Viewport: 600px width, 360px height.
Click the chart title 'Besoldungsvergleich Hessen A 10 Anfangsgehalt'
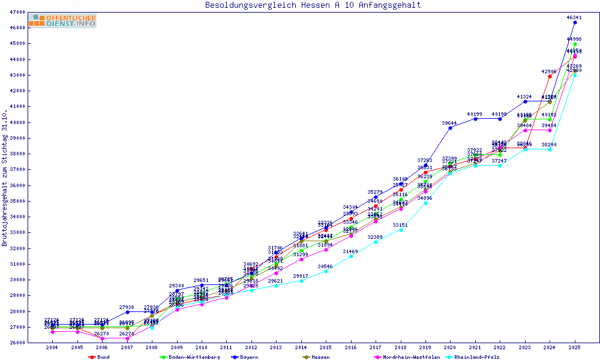pyautogui.click(x=313, y=5)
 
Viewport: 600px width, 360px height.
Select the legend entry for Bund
pyautogui.click(x=100, y=357)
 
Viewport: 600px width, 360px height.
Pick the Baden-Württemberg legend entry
pyautogui.click(x=186, y=357)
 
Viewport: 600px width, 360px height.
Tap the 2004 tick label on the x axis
pyautogui.click(x=52, y=348)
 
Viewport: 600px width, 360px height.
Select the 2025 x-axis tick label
pyautogui.click(x=575, y=348)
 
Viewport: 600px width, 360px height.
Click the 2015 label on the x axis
pyautogui.click(x=326, y=348)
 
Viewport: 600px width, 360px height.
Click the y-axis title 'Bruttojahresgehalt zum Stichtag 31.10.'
pyautogui.click(x=5, y=179)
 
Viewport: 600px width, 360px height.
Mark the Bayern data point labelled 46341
pyautogui.click(x=575, y=22)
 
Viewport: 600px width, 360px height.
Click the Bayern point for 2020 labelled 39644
pyautogui.click(x=450, y=128)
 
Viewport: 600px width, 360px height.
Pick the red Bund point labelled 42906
pyautogui.click(x=550, y=76)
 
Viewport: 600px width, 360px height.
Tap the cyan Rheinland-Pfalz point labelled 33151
pyautogui.click(x=400, y=230)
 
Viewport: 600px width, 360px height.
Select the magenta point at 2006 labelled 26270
pyautogui.click(x=102, y=338)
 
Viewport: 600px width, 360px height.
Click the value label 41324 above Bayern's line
pyautogui.click(x=524, y=97)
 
